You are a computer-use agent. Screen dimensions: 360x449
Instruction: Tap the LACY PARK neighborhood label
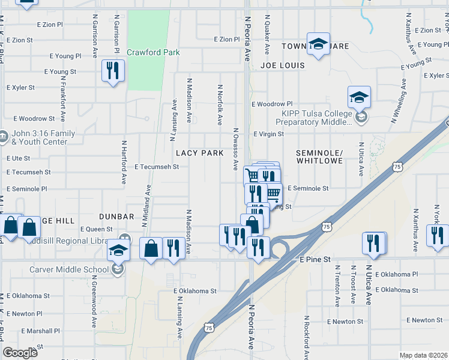(x=200, y=153)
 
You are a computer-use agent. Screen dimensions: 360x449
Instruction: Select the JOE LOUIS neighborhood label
(x=283, y=65)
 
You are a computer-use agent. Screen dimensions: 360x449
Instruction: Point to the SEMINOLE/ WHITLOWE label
(x=319, y=157)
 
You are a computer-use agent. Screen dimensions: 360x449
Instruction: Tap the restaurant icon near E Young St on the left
(x=113, y=71)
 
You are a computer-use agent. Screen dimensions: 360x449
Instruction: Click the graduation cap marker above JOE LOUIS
(x=319, y=43)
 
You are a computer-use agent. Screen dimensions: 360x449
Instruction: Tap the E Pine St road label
(x=315, y=259)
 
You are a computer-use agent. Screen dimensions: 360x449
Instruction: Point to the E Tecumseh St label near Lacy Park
(x=157, y=167)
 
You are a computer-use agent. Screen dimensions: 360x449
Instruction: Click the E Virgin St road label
(x=268, y=134)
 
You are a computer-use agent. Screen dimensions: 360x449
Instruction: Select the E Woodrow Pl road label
(x=272, y=104)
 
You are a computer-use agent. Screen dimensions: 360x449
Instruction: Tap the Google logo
(x=20, y=353)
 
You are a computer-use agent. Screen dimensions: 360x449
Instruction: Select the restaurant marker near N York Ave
(x=438, y=235)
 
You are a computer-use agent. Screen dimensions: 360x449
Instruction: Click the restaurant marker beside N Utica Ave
(x=373, y=243)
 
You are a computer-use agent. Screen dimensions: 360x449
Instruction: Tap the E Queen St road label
(x=96, y=229)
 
